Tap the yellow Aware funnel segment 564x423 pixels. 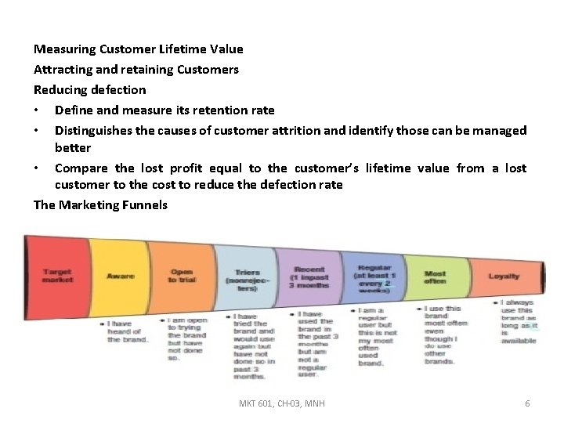pyautogui.click(x=120, y=276)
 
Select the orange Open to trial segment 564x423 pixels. pyautogui.click(x=181, y=276)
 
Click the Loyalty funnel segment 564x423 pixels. pyautogui.click(x=503, y=276)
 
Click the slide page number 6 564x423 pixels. pyautogui.click(x=527, y=403)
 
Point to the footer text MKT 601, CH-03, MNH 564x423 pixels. pyautogui.click(x=281, y=403)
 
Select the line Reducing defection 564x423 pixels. pyautogui.click(x=89, y=89)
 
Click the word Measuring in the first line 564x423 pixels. pyautogui.click(x=63, y=49)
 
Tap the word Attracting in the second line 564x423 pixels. pyautogui.click(x=65, y=69)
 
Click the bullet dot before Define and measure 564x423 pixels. pyautogui.click(x=37, y=110)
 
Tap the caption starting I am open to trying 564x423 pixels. pyautogui.click(x=186, y=338)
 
